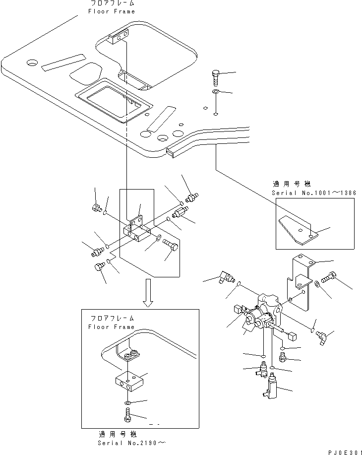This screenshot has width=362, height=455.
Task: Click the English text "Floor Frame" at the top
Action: point(112,11)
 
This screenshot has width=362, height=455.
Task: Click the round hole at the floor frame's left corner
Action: point(32,63)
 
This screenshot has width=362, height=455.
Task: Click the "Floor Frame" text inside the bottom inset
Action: point(111,327)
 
